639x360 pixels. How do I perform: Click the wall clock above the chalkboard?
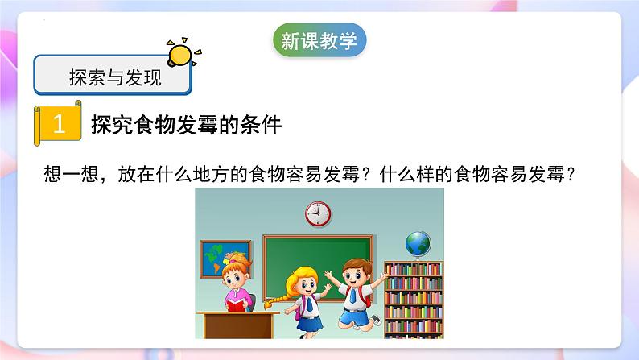click(x=318, y=213)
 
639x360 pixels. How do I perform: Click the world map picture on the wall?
click(x=216, y=256)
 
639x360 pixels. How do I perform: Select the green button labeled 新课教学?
click(x=319, y=41)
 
